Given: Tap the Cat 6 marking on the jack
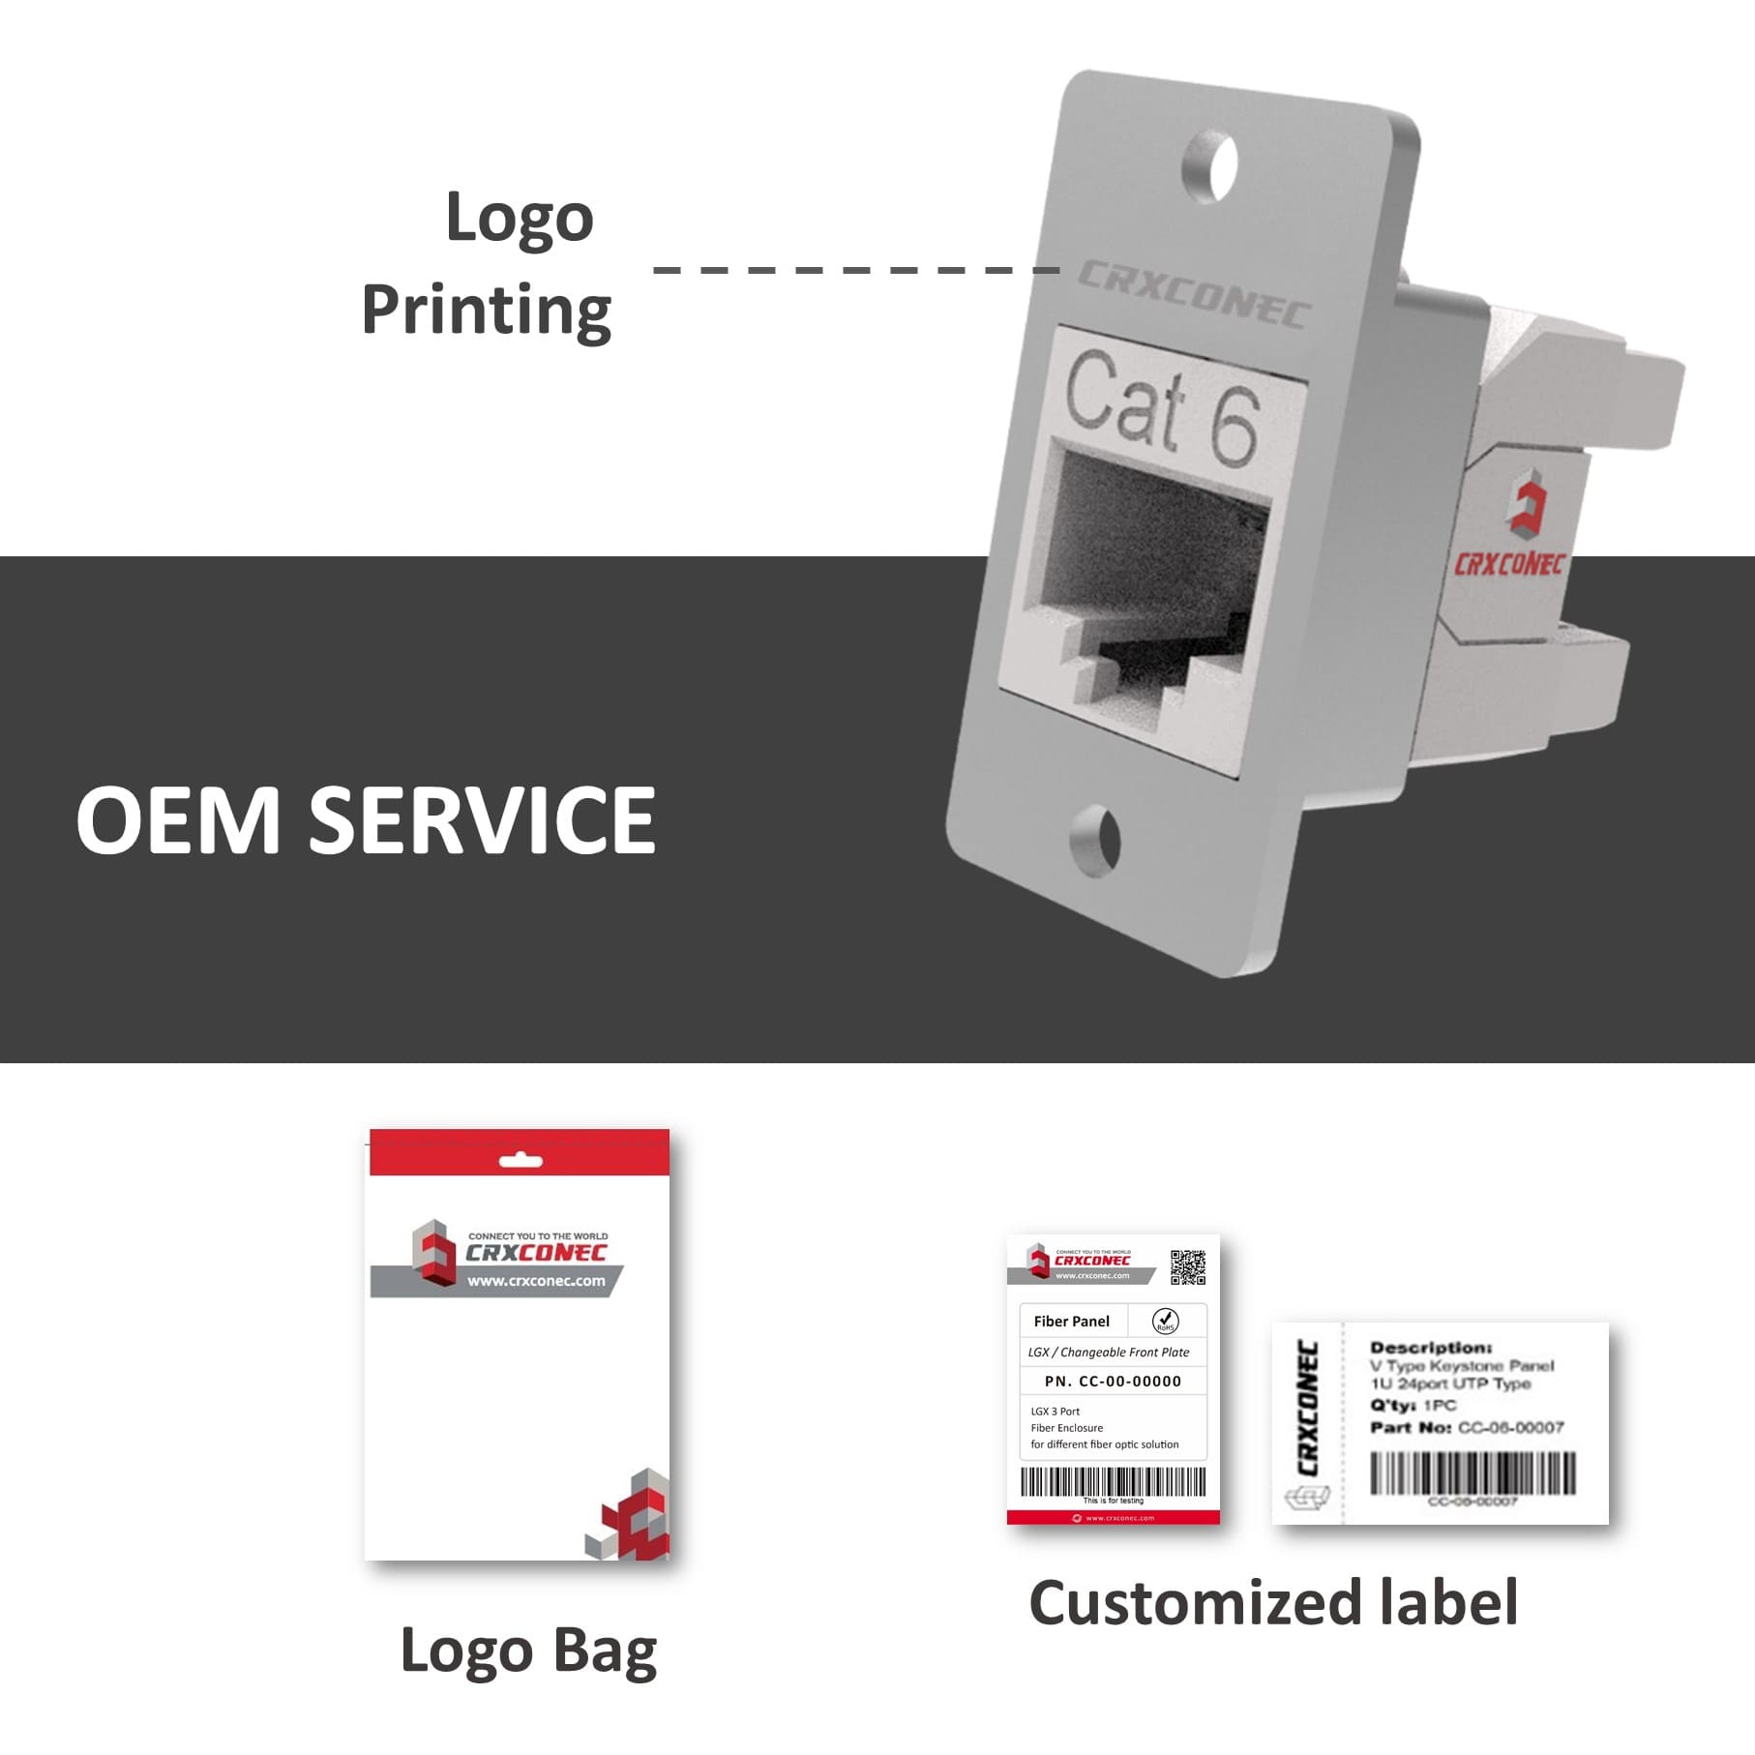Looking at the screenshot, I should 1162,407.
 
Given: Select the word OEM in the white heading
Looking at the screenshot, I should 178,820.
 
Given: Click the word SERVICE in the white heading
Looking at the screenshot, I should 482,820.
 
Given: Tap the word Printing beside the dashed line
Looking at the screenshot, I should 486,312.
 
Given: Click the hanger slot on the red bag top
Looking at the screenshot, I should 521,1160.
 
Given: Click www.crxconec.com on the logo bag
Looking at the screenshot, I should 536,1281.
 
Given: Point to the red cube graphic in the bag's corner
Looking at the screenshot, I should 631,1515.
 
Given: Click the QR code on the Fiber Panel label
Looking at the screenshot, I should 1187,1267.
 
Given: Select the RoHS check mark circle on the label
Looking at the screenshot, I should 1165,1321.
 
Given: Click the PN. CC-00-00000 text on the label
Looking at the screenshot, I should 1113,1382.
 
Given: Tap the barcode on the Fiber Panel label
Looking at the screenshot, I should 1113,1481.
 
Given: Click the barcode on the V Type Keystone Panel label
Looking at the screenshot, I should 1472,1473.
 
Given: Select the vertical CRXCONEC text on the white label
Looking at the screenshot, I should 1307,1407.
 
